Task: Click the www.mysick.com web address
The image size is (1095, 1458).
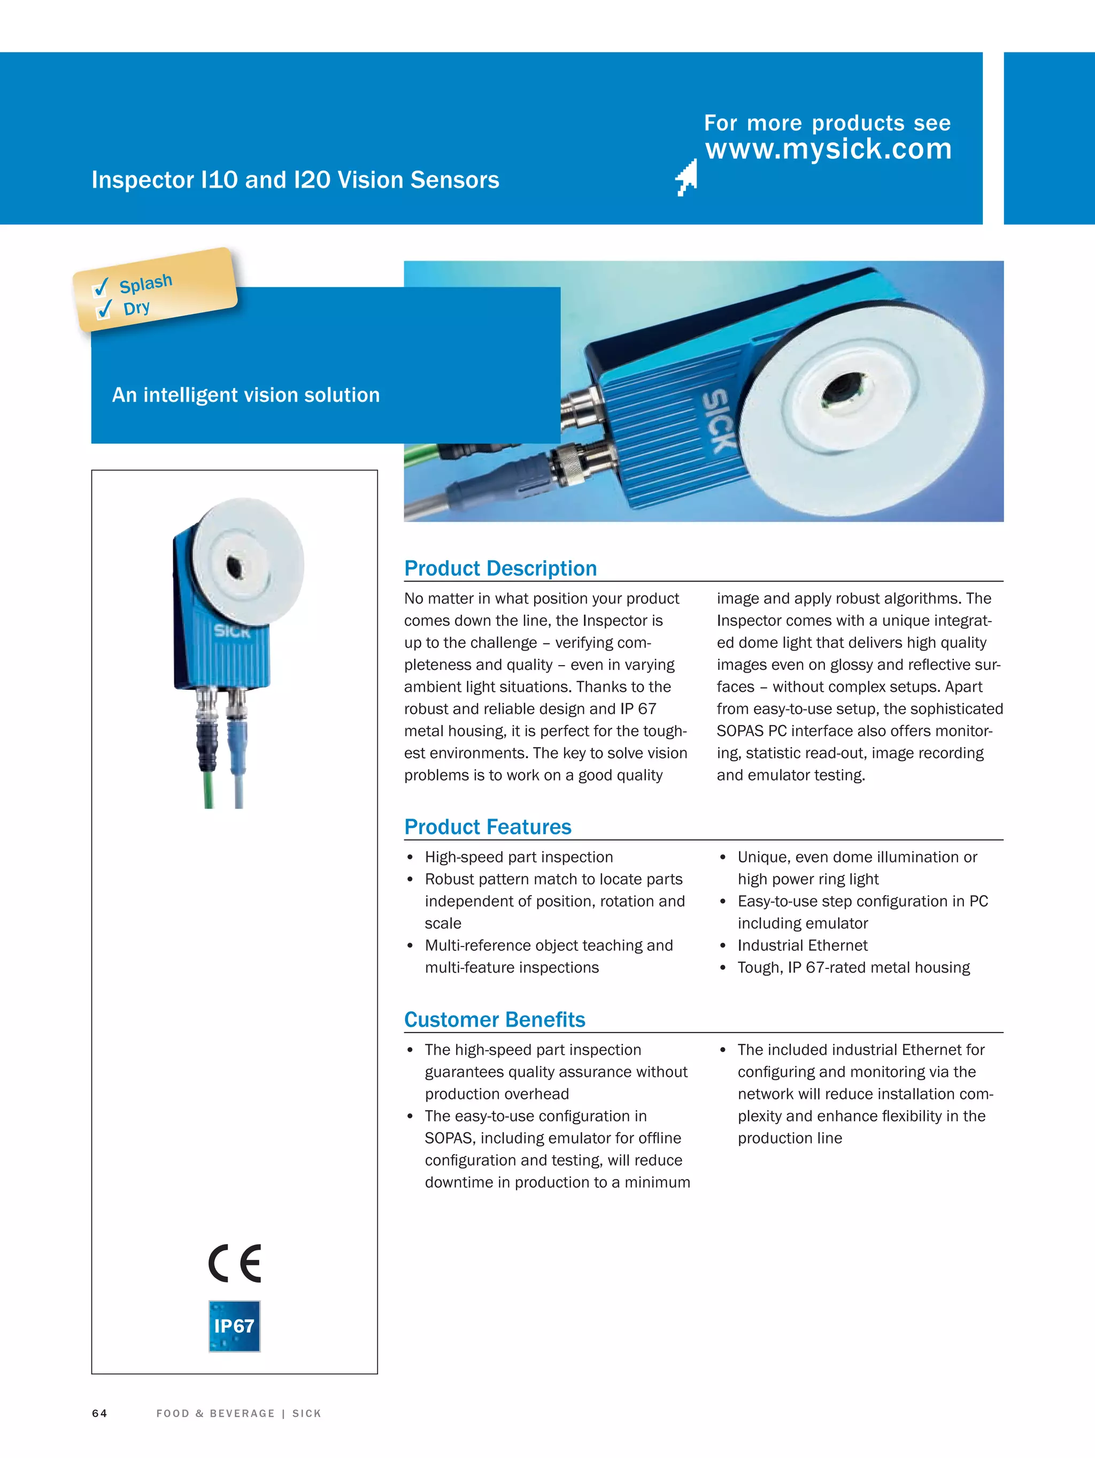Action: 828,149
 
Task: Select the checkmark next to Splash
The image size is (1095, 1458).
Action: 101,287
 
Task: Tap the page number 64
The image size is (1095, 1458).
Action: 99,1413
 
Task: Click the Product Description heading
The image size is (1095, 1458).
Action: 500,568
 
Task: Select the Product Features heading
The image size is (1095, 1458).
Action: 488,827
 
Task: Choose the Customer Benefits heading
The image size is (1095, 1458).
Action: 494,1019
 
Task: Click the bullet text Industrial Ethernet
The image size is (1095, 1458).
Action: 802,945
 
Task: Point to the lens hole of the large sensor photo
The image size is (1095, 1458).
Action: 844,386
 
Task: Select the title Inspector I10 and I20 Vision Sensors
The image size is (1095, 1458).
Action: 295,180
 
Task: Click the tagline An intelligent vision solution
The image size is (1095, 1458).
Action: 246,395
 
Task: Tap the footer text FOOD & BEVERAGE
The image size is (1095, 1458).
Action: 215,1413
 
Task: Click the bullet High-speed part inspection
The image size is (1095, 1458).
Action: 519,857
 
